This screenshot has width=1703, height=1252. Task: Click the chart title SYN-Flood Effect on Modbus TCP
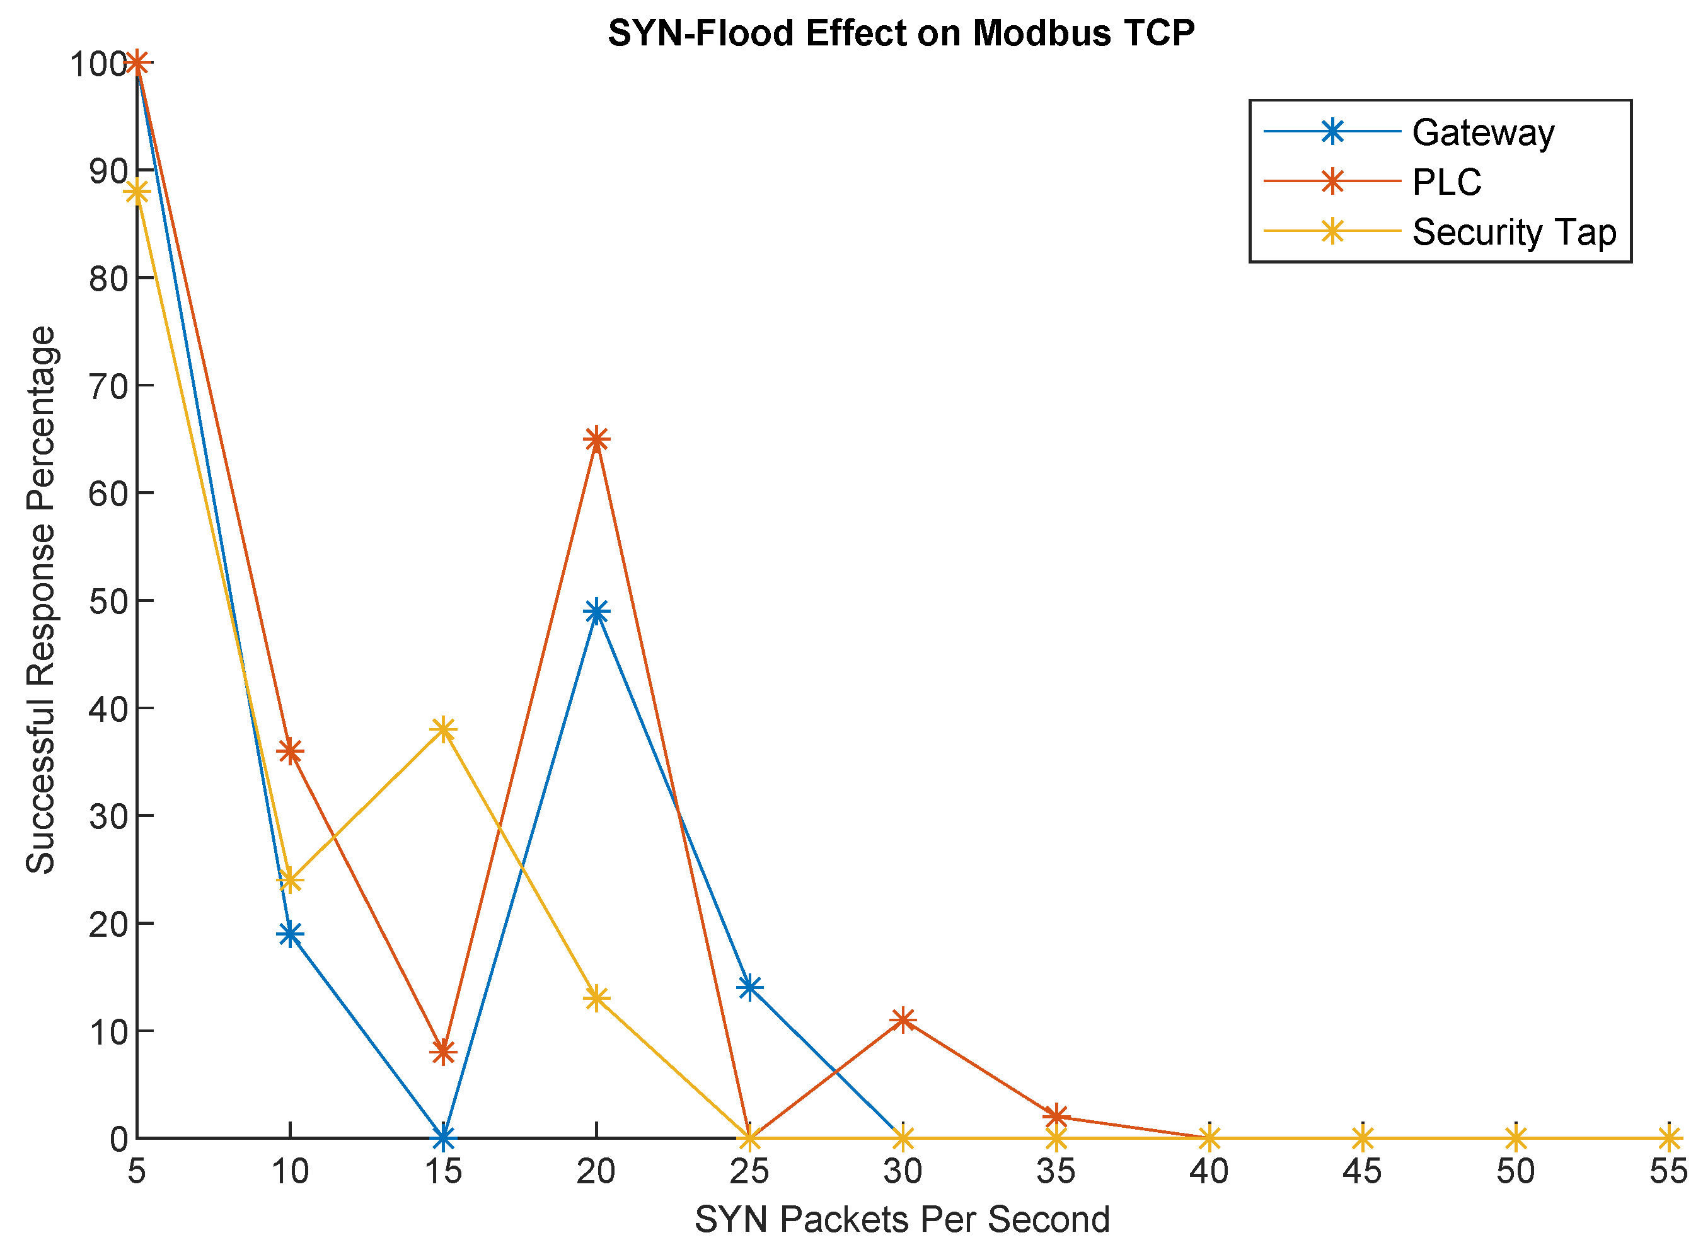pyautogui.click(x=901, y=33)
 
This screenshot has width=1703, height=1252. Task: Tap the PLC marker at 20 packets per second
pyautogui.click(x=596, y=439)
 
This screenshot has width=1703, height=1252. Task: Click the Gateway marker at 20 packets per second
pyautogui.click(x=596, y=611)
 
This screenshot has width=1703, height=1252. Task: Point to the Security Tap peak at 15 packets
pyautogui.click(x=443, y=729)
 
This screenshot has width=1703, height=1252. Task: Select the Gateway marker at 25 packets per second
pyautogui.click(x=749, y=987)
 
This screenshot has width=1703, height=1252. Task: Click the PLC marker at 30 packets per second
pyautogui.click(x=903, y=1019)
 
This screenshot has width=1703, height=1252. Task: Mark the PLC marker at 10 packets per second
pyautogui.click(x=289, y=751)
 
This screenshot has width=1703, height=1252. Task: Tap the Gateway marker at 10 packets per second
pyautogui.click(x=289, y=934)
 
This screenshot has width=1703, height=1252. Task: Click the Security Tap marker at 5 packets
pyautogui.click(x=136, y=192)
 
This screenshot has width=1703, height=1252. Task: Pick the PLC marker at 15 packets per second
pyautogui.click(x=443, y=1052)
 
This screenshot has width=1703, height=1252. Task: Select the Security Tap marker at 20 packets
pyautogui.click(x=596, y=998)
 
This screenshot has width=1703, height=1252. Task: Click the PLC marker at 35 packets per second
pyautogui.click(x=1055, y=1116)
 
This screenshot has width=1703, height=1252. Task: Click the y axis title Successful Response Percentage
pyautogui.click(x=41, y=600)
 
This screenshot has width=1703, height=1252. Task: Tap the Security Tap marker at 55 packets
pyautogui.click(x=1668, y=1137)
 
